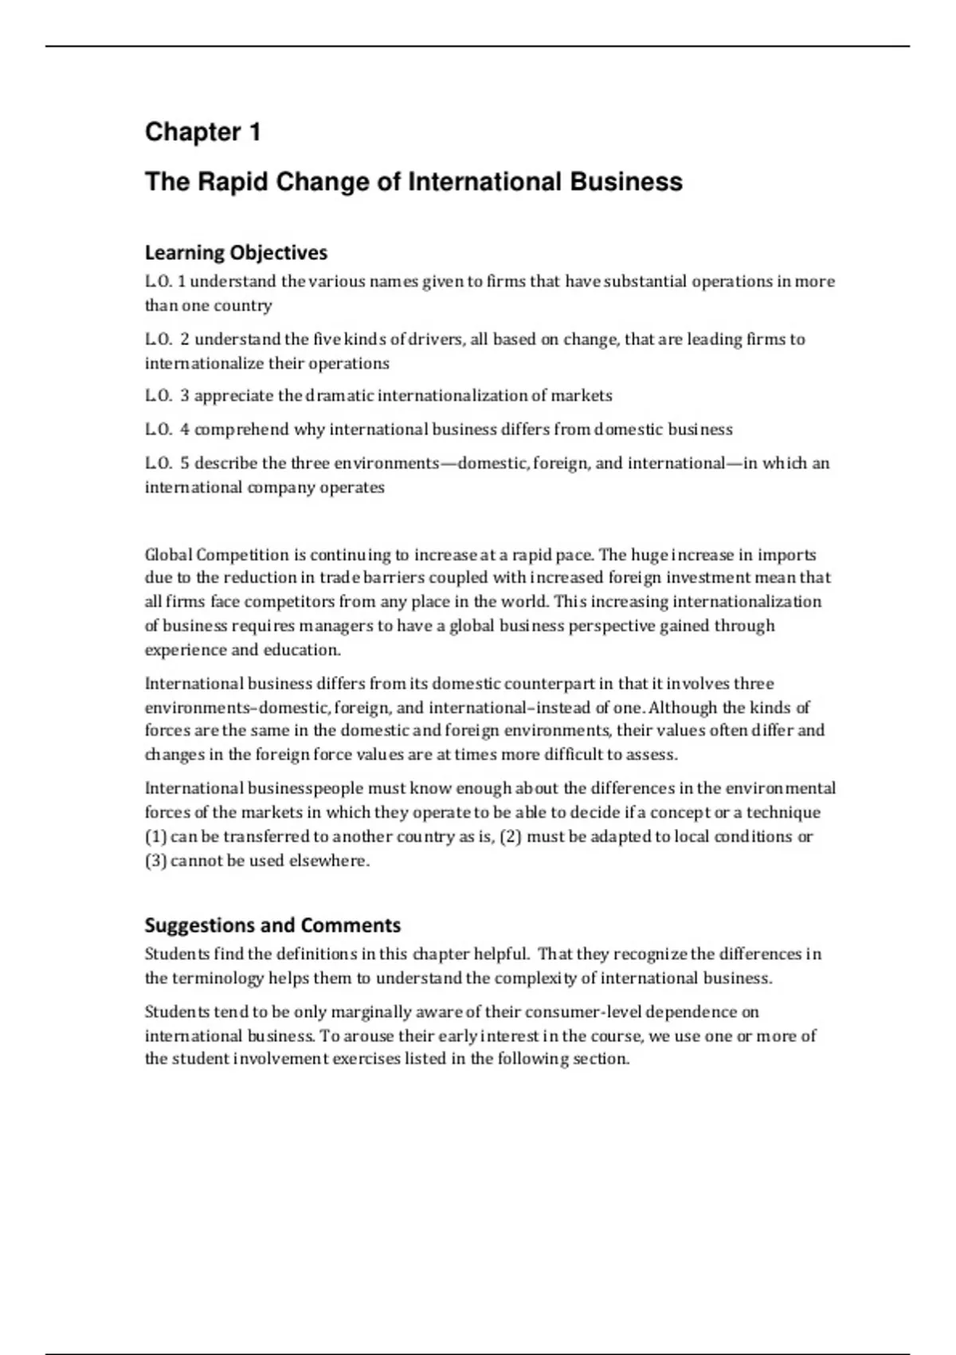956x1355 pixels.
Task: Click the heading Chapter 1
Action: (203, 132)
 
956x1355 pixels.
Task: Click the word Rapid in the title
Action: (232, 183)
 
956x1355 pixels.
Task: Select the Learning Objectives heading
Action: (236, 253)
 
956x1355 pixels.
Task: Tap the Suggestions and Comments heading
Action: (272, 925)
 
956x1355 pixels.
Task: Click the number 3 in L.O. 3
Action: (185, 396)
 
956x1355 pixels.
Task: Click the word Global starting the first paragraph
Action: (168, 555)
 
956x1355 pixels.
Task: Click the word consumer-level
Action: (586, 1012)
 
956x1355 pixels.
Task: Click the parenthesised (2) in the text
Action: (511, 837)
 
